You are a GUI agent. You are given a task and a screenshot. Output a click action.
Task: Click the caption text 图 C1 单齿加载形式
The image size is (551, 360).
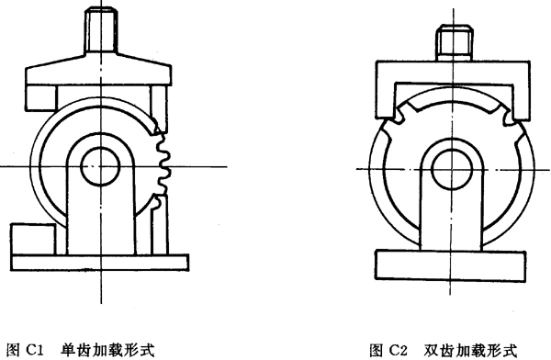78,349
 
